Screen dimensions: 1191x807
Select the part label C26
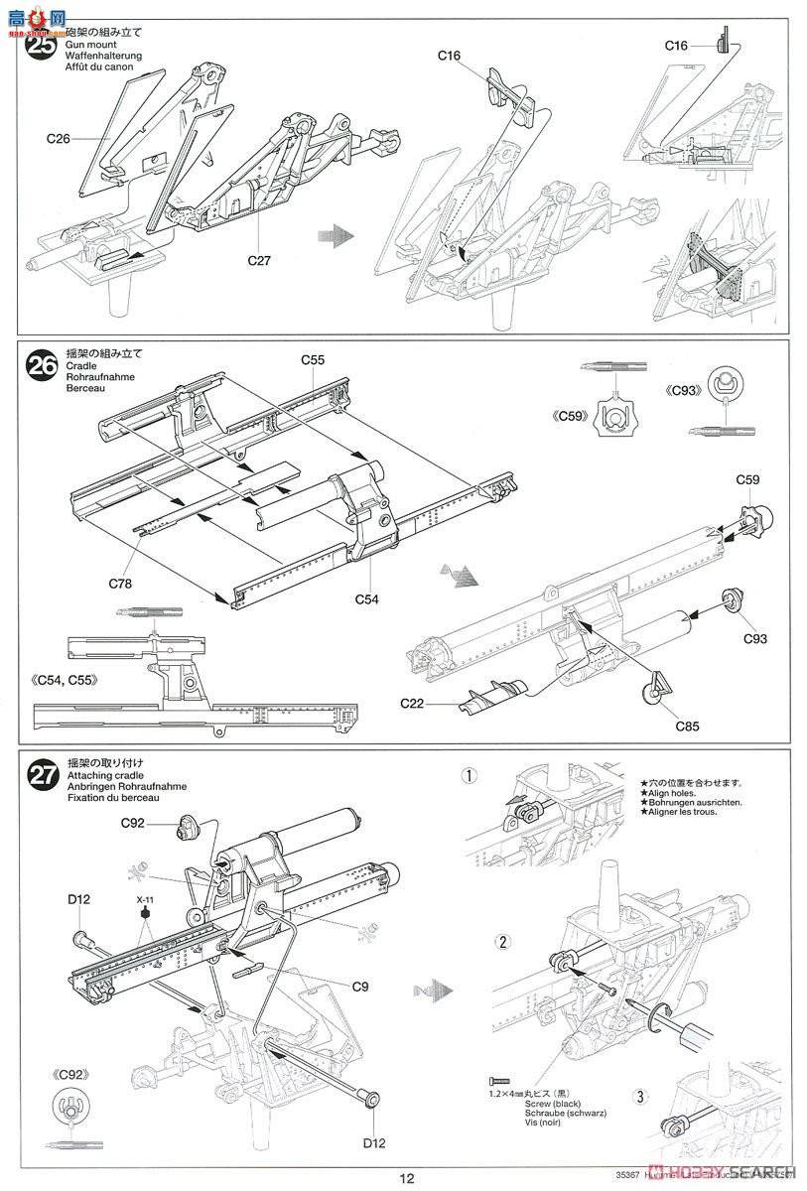[x=58, y=139]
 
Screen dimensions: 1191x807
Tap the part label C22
[x=414, y=703]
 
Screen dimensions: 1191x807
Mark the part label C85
[x=687, y=726]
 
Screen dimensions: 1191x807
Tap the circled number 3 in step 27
[x=640, y=1097]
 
